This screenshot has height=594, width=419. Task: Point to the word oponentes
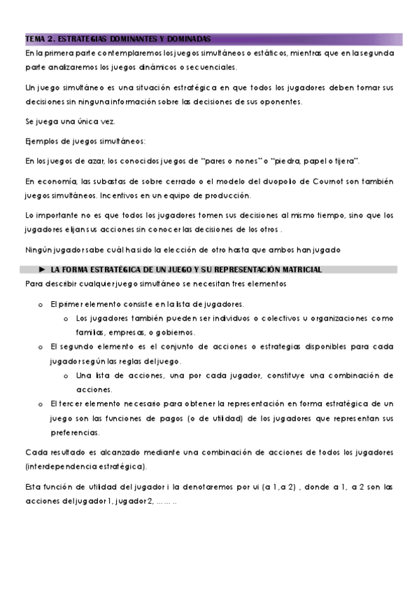click(280, 102)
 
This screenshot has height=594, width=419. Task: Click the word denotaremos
click(200, 486)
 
